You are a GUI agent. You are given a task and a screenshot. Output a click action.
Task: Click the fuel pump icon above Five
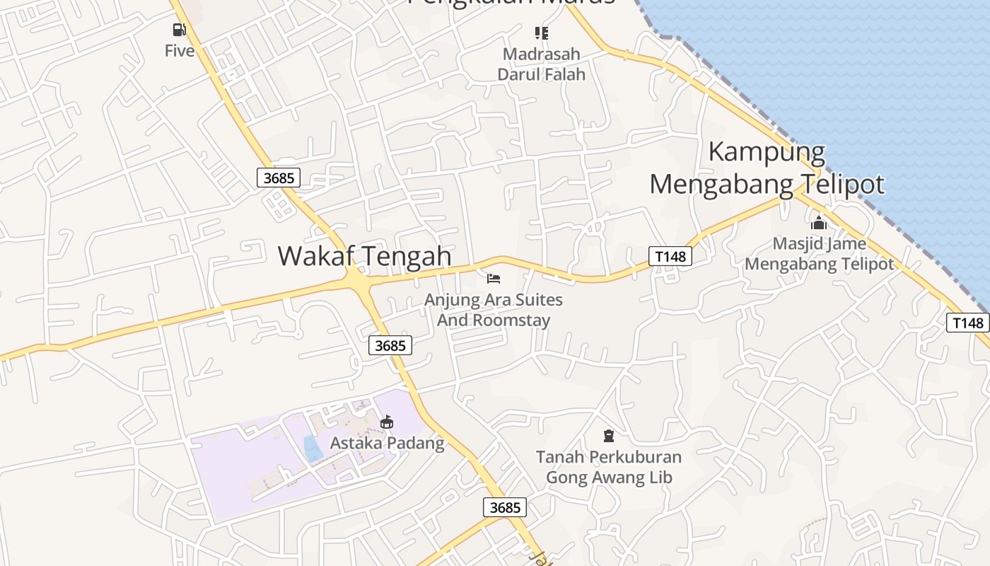(x=179, y=30)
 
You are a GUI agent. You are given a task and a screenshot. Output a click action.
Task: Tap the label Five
(x=180, y=51)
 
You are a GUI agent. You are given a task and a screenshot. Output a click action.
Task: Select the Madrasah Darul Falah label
(x=542, y=64)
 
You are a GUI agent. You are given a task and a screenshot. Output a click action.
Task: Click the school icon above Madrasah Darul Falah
(x=542, y=33)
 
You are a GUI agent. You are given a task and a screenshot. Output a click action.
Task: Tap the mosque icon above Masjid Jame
(x=819, y=223)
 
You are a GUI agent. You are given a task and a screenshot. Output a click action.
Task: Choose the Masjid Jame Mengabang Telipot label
(x=820, y=254)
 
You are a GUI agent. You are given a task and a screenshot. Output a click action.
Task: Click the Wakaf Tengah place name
(x=364, y=255)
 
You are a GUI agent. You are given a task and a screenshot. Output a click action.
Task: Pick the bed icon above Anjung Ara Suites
(x=494, y=279)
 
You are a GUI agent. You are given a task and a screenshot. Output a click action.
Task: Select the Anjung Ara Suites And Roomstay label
(x=494, y=310)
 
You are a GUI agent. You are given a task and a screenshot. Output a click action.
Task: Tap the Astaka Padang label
(x=388, y=444)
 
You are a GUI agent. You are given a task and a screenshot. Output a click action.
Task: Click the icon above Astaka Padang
(x=387, y=422)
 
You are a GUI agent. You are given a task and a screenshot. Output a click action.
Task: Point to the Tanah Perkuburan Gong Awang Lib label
(x=609, y=467)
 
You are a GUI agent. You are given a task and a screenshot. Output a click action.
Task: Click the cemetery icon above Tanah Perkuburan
(x=609, y=435)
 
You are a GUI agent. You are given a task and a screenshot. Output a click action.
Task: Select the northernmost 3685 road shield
(x=279, y=178)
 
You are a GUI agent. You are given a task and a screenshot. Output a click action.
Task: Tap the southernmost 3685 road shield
(x=505, y=507)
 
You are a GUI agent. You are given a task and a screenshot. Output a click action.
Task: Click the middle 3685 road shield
(x=390, y=345)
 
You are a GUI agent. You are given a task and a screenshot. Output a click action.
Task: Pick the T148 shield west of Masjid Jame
(x=670, y=256)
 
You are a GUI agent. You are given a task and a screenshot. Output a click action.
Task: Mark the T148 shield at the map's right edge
(x=967, y=323)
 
